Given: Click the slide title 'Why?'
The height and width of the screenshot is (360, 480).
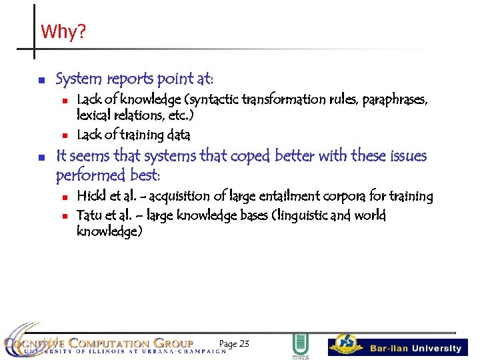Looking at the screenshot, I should point(63,32).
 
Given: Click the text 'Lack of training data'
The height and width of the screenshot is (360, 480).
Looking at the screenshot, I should point(133,135).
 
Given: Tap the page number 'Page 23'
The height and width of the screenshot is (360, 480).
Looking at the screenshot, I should point(234,343).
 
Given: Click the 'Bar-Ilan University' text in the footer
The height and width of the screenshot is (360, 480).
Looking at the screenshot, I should point(415,348).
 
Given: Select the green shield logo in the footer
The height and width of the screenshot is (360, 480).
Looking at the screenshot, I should point(300,345).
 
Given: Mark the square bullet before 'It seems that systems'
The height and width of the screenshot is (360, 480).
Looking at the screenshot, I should point(41,157).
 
